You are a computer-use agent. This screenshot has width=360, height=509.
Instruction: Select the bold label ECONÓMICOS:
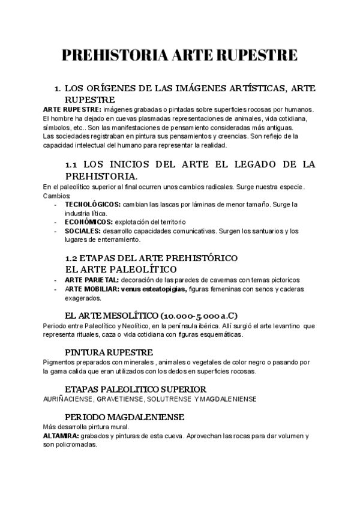pos(89,221)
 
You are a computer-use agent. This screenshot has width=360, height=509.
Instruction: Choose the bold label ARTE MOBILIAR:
pos(91,289)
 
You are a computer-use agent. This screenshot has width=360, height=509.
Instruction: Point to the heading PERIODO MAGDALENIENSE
pos(124,417)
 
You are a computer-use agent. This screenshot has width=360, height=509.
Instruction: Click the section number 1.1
pos(71,164)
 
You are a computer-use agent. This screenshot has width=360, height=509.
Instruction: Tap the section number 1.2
pos(71,258)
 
